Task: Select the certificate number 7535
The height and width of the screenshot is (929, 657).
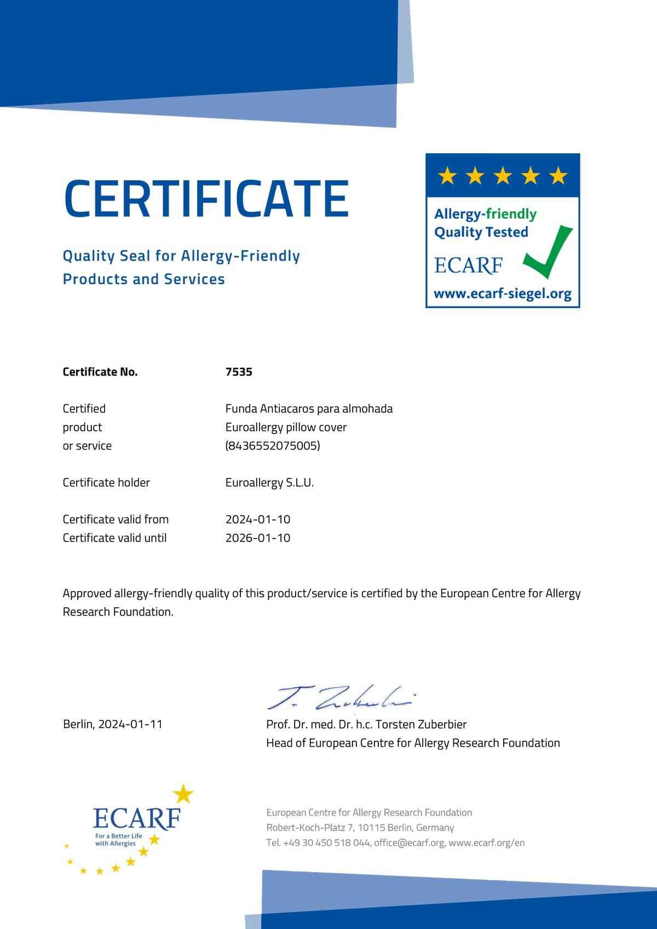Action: pos(239,372)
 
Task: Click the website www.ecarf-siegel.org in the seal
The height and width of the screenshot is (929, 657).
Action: pos(503,294)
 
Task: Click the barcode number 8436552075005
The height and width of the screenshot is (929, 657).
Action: pos(273,446)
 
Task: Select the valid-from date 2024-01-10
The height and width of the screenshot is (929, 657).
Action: pos(258,519)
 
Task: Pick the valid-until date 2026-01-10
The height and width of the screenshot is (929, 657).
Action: pos(258,538)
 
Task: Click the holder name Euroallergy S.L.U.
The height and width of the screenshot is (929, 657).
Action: pos(269,482)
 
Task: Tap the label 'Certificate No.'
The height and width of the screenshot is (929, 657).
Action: pos(100,372)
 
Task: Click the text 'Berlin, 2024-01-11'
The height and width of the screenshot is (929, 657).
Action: pos(113,724)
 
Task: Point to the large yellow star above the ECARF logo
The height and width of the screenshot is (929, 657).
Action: pos(183,793)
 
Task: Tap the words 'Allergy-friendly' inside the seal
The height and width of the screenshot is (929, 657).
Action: pos(485,214)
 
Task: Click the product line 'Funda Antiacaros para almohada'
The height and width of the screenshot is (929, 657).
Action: pos(309,408)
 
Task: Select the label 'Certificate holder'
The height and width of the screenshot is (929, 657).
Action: pos(106,482)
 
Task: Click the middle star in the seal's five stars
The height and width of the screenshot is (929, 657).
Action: pos(503,176)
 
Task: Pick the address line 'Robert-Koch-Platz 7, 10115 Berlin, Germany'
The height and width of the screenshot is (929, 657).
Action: pos(360,827)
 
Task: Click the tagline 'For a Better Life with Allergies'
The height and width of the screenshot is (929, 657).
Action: pos(118,840)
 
